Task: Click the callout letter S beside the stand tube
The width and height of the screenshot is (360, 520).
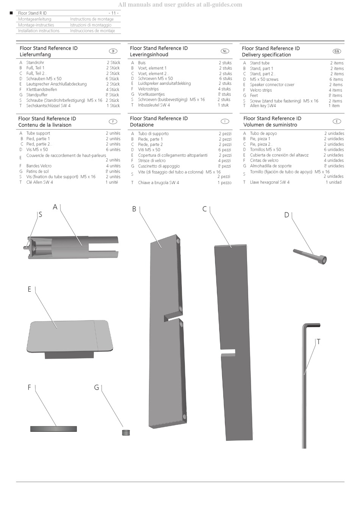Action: point(40,215)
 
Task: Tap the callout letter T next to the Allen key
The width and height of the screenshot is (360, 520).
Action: point(318,342)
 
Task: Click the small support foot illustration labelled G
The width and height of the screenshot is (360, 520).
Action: point(126,432)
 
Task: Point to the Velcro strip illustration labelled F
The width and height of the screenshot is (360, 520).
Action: point(53,429)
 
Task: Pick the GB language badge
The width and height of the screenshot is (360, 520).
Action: point(337,51)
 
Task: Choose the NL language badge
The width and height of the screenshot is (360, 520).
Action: point(225,51)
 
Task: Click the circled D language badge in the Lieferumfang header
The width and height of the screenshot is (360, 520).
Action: point(113,51)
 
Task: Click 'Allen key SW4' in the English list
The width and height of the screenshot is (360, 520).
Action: point(263,106)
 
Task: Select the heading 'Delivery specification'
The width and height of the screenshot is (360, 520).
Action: point(266,55)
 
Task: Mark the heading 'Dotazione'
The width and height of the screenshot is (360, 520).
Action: point(142,125)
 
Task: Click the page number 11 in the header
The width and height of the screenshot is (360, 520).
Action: point(113,13)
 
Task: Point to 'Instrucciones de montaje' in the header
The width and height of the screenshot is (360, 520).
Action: point(92,31)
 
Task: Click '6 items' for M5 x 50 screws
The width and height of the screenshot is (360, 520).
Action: point(336,79)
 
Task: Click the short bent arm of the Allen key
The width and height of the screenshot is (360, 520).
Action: point(311,325)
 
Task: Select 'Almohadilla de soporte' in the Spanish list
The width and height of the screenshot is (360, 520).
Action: point(271,166)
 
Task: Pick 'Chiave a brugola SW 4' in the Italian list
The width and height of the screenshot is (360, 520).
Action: point(158,183)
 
